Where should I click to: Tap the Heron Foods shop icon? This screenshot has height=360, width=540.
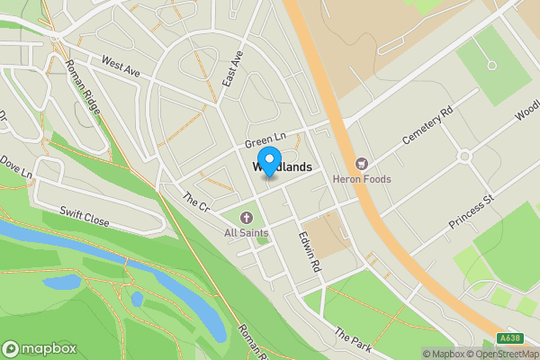(x=362, y=163)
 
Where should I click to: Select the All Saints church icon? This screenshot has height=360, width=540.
(x=247, y=218)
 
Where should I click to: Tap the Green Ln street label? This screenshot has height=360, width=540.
(x=265, y=140)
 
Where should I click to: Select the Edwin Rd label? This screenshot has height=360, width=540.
(x=310, y=252)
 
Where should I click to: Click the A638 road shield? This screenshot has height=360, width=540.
(x=510, y=338)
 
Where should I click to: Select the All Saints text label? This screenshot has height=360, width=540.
(x=247, y=234)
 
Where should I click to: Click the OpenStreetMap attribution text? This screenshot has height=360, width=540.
(x=492, y=354)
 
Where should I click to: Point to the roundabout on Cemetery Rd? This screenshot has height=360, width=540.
(x=464, y=156)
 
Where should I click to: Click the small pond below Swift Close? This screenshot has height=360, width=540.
(x=61, y=283)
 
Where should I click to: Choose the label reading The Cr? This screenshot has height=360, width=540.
(x=195, y=201)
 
